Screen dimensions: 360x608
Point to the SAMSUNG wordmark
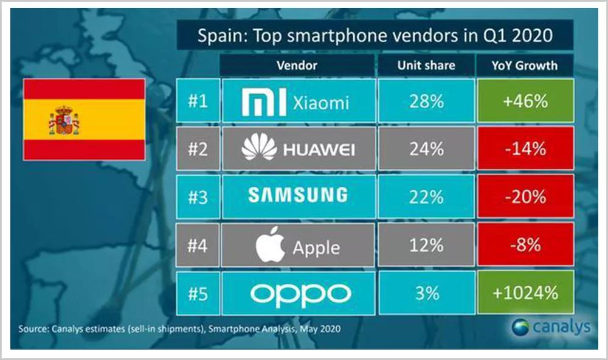[298, 195]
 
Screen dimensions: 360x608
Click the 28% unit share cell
[426, 101]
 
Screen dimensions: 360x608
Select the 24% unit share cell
[426, 148]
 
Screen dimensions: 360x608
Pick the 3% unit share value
[426, 293]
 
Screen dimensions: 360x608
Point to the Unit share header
[426, 65]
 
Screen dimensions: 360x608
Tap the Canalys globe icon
[519, 327]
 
